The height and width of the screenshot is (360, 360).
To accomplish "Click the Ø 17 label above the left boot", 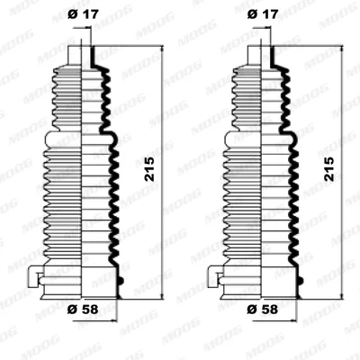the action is click(x=83, y=14).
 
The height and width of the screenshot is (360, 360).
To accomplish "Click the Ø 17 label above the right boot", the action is click(x=263, y=14).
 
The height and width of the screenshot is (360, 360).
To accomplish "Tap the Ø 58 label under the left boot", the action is click(x=83, y=310).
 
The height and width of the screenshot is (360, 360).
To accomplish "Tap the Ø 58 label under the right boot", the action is click(x=263, y=310).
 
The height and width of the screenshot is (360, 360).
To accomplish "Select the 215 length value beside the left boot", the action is click(x=149, y=169).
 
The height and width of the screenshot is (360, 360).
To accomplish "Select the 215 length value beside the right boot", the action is click(x=329, y=169).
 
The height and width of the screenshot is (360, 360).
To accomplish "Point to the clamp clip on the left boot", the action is click(x=34, y=276).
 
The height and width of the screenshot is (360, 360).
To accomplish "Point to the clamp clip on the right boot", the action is click(x=213, y=276).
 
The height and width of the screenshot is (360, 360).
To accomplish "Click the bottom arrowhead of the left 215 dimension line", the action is click(x=162, y=295).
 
